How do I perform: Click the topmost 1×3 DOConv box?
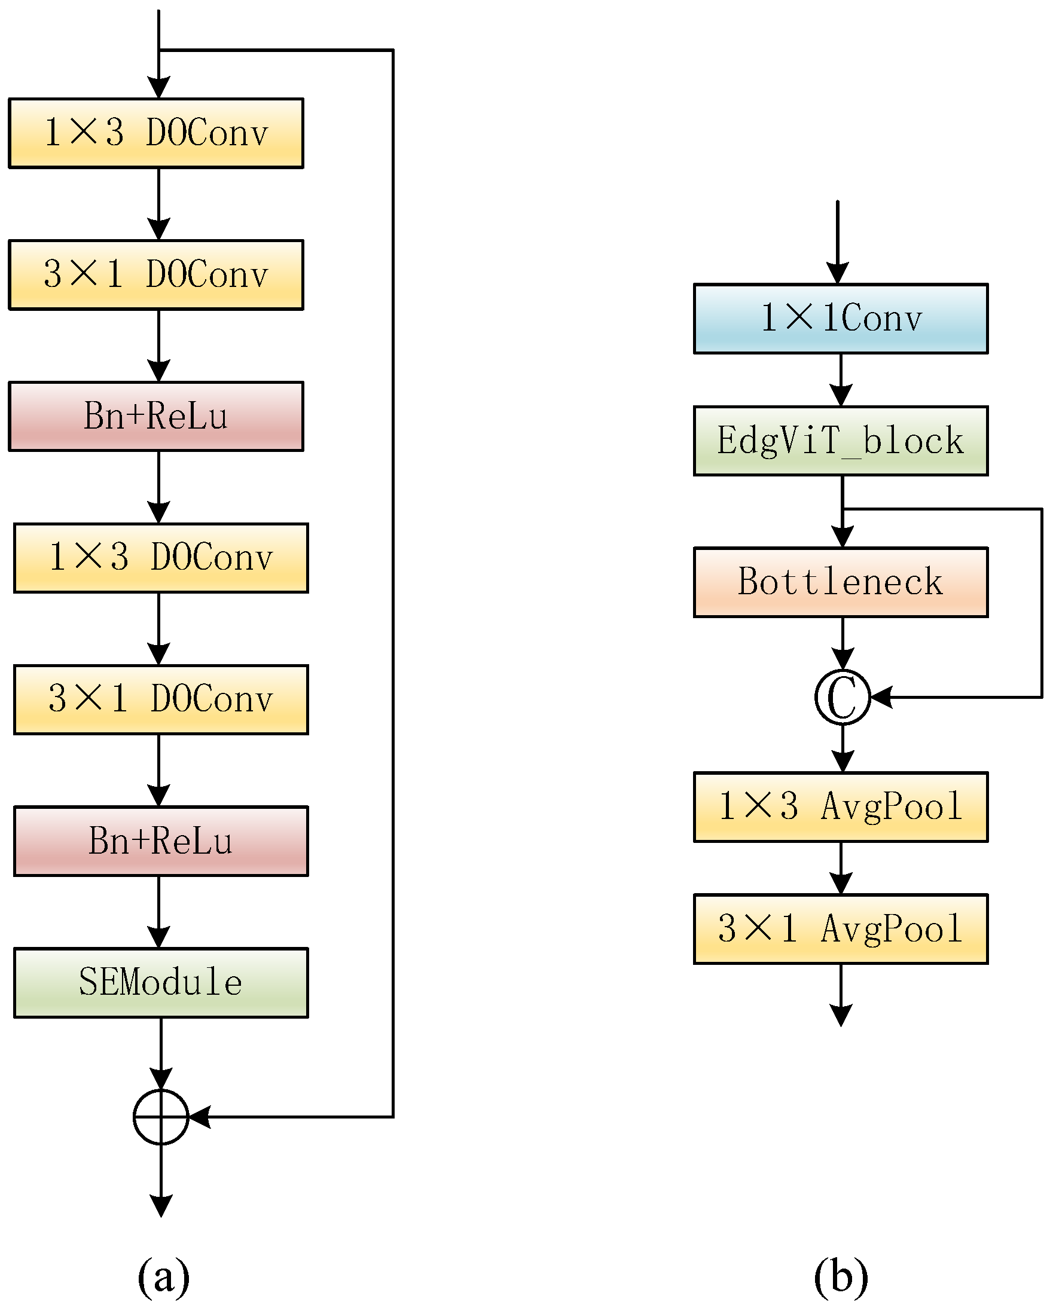[155, 133]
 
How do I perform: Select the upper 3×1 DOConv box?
[155, 274]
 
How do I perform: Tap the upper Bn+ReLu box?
[155, 416]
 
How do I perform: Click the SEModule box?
[161, 982]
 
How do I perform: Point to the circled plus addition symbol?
[161, 1117]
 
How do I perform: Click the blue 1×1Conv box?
[840, 318]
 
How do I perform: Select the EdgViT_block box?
[840, 440]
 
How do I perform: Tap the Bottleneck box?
[840, 582]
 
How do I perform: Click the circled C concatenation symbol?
[842, 697]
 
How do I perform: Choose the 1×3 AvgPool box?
[840, 806]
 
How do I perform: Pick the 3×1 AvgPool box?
[840, 928]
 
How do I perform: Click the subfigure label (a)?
[163, 1276]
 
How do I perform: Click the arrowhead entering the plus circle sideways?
[200, 1117]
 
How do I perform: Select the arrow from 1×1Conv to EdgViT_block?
[840, 380]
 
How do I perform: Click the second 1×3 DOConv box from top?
[161, 558]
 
